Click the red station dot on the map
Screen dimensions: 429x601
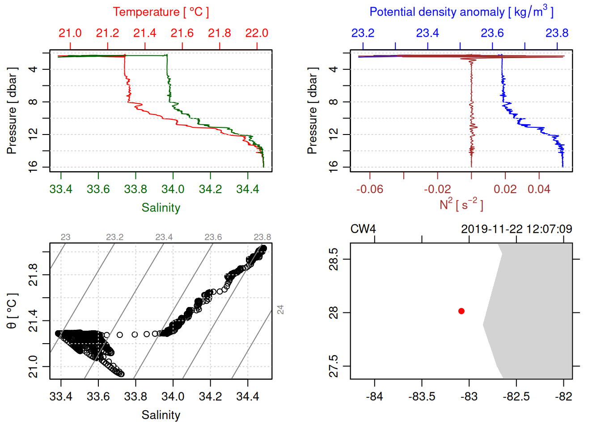(x=461, y=311)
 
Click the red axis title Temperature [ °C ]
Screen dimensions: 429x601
(x=161, y=12)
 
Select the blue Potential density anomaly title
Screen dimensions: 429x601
(x=461, y=12)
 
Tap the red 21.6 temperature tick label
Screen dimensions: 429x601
(x=182, y=33)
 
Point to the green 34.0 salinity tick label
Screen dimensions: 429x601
(x=173, y=189)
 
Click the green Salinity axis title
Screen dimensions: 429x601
(x=161, y=208)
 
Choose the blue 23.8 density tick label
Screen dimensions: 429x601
(x=557, y=33)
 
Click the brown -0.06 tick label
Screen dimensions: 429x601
(x=370, y=189)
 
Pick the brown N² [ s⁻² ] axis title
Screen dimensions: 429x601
(x=461, y=205)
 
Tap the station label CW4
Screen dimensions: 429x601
(x=363, y=229)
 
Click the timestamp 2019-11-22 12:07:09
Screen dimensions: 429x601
(x=516, y=229)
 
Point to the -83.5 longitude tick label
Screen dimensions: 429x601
(x=422, y=396)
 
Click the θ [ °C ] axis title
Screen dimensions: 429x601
(x=12, y=311)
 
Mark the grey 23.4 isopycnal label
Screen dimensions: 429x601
(x=164, y=237)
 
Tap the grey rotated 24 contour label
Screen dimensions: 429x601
(x=280, y=309)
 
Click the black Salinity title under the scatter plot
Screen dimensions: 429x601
(x=161, y=415)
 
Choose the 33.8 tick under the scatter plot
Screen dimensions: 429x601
(x=135, y=396)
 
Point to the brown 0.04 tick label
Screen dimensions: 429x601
(x=539, y=189)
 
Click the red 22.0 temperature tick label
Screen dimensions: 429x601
(x=257, y=33)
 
